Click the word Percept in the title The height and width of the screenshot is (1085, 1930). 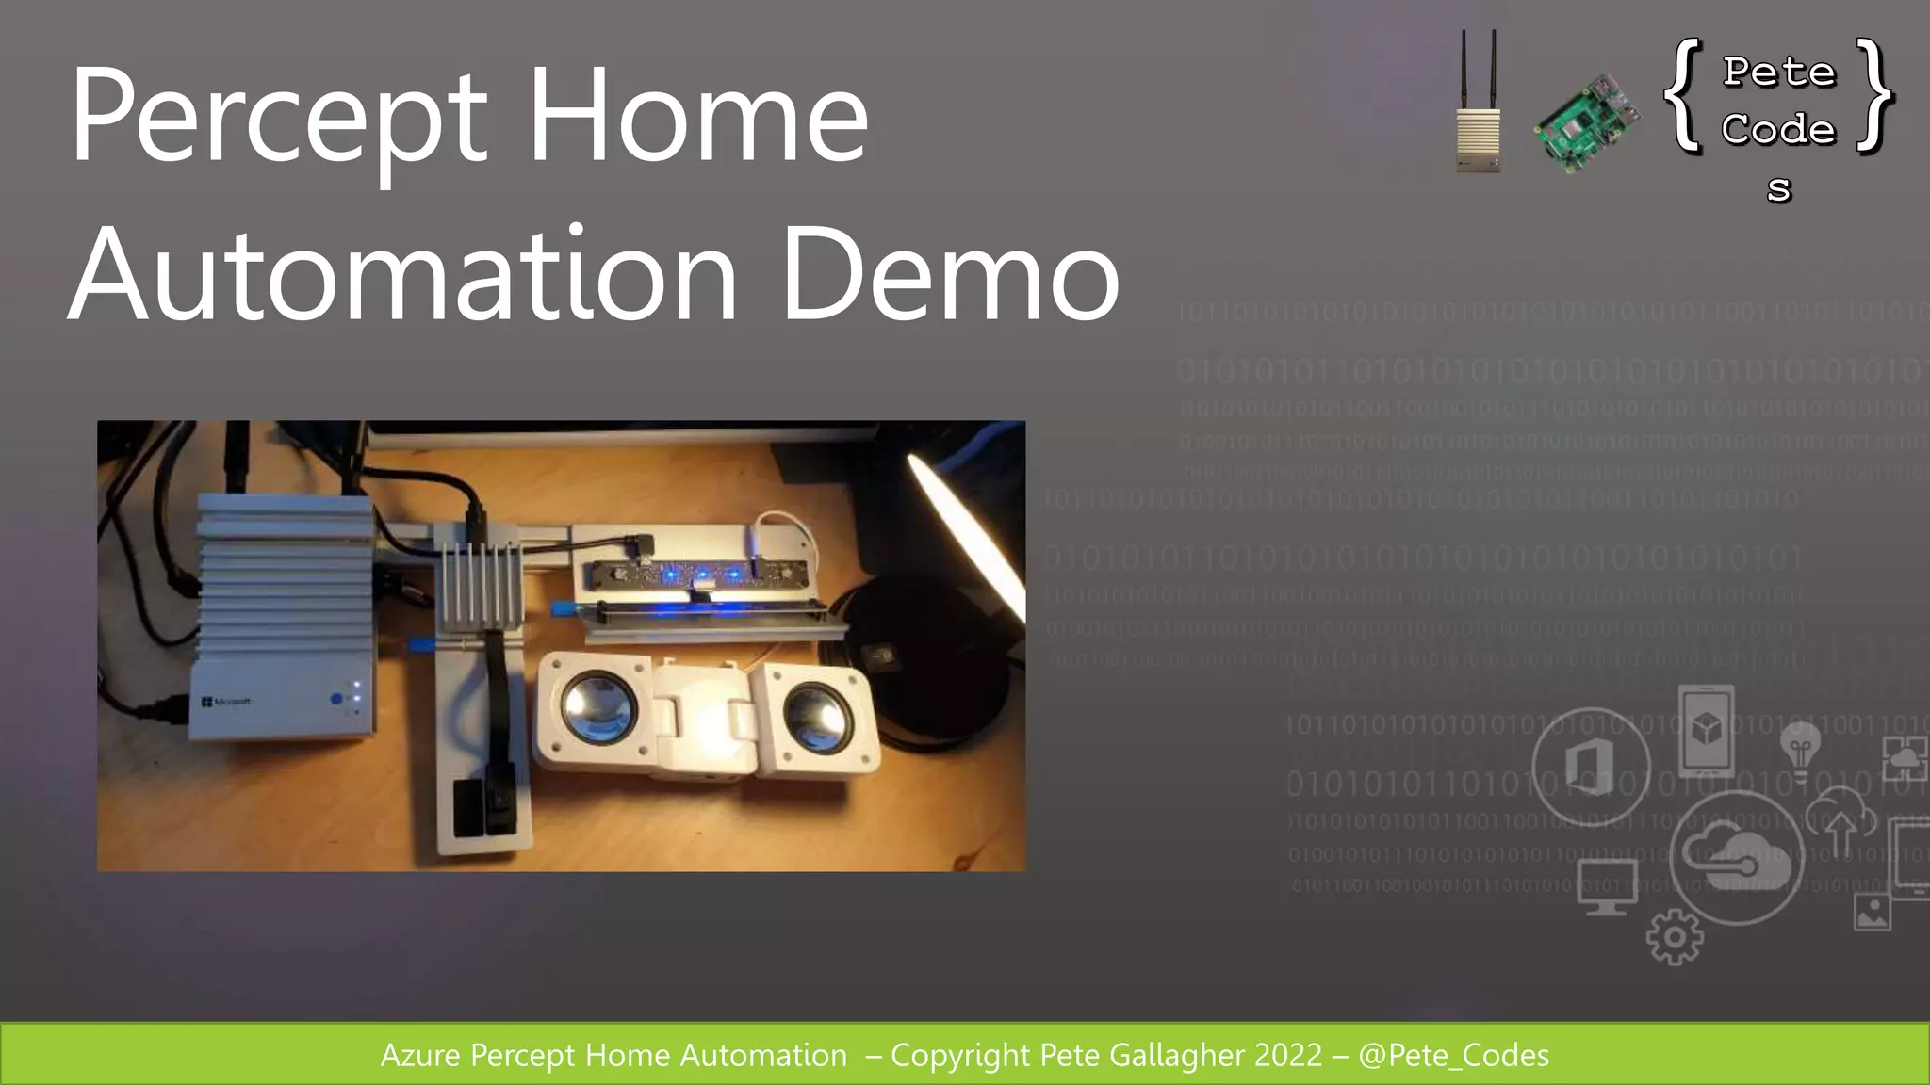tap(279, 118)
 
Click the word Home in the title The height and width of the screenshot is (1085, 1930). tap(697, 118)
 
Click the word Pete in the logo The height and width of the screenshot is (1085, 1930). tap(1779, 73)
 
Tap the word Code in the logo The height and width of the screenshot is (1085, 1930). tap(1779, 129)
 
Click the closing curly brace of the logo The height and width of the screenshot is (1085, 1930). tap(1875, 94)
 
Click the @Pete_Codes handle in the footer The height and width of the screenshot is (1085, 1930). tap(1453, 1055)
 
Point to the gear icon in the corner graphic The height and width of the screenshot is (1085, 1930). tap(1675, 936)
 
